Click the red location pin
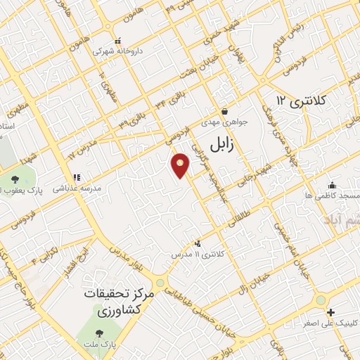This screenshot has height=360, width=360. coord(181,166)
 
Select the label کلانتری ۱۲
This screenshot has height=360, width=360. coord(302,101)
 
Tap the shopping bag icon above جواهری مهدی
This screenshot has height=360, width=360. coord(224,110)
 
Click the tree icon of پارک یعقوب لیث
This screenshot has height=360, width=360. coord(15,179)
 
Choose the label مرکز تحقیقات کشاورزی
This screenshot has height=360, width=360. coord(112,301)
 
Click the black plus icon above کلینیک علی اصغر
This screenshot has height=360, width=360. coord(330,311)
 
